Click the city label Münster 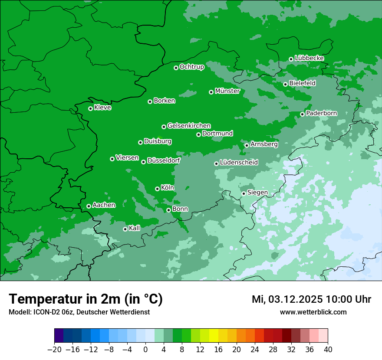click(227, 91)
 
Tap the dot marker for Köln click(157, 189)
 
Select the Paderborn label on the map click(321, 113)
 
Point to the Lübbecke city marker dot click(291, 59)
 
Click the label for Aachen click(104, 205)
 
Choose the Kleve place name click(102, 108)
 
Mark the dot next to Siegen click(244, 193)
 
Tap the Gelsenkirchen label click(189, 126)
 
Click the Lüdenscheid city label click(239, 163)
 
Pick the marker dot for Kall click(125, 229)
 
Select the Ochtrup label click(191, 67)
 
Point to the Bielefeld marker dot click(285, 84)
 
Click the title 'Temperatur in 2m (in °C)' click(86, 299)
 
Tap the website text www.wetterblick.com click(313, 312)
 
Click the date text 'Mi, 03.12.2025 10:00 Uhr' click(311, 299)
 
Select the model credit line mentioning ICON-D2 click(79, 312)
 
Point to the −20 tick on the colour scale click(54, 350)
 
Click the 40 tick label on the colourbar click(328, 350)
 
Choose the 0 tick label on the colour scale click(145, 350)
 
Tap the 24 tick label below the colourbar click(255, 350)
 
